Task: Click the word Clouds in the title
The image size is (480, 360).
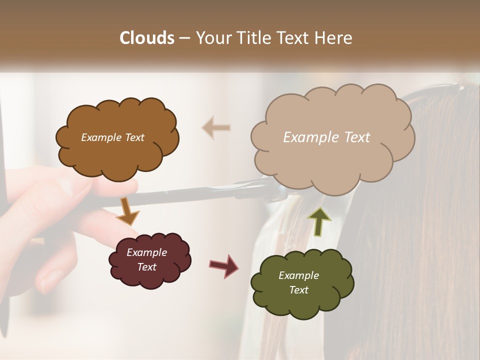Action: pyautogui.click(x=146, y=38)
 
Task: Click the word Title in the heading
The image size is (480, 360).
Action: pyautogui.click(x=251, y=38)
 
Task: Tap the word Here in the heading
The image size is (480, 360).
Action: pyautogui.click(x=333, y=38)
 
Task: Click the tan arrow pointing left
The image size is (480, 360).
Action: pyautogui.click(x=216, y=127)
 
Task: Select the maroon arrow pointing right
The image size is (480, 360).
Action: pyautogui.click(x=224, y=265)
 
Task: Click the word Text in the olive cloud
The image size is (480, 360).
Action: pyautogui.click(x=298, y=290)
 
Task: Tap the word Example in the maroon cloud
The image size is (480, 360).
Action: pyautogui.click(x=146, y=252)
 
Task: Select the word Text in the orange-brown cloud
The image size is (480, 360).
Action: pyautogui.click(x=133, y=137)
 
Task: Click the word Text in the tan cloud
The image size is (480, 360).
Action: pyautogui.click(x=357, y=137)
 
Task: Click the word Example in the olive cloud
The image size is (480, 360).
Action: pyautogui.click(x=298, y=275)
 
